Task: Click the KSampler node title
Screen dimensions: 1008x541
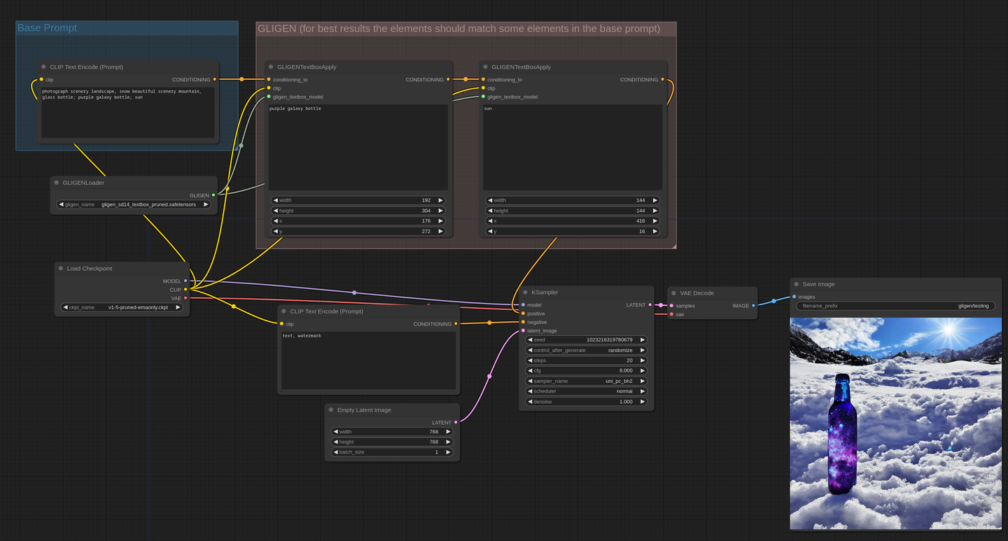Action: point(545,292)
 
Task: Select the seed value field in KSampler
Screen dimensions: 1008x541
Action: point(586,340)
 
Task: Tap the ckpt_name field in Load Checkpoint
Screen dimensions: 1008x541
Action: point(122,307)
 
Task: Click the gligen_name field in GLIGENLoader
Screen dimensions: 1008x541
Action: point(134,204)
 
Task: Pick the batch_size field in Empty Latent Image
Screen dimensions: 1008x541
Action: point(391,452)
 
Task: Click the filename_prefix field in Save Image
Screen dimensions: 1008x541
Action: point(895,306)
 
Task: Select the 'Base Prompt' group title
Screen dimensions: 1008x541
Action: point(47,28)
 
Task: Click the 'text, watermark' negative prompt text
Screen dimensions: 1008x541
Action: point(302,336)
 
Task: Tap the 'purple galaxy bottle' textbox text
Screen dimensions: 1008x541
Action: point(295,108)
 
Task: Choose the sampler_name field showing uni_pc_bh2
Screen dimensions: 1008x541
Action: point(586,381)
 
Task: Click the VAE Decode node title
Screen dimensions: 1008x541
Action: point(696,293)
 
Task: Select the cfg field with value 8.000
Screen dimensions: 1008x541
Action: point(586,370)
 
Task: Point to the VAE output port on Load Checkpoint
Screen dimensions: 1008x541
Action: point(185,298)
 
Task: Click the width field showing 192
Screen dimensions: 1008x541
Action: point(358,200)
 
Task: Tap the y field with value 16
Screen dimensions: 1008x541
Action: point(573,232)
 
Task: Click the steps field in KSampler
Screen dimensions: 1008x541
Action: point(586,360)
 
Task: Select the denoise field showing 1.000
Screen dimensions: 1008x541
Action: point(586,402)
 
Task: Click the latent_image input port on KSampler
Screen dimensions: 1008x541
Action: point(523,331)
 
